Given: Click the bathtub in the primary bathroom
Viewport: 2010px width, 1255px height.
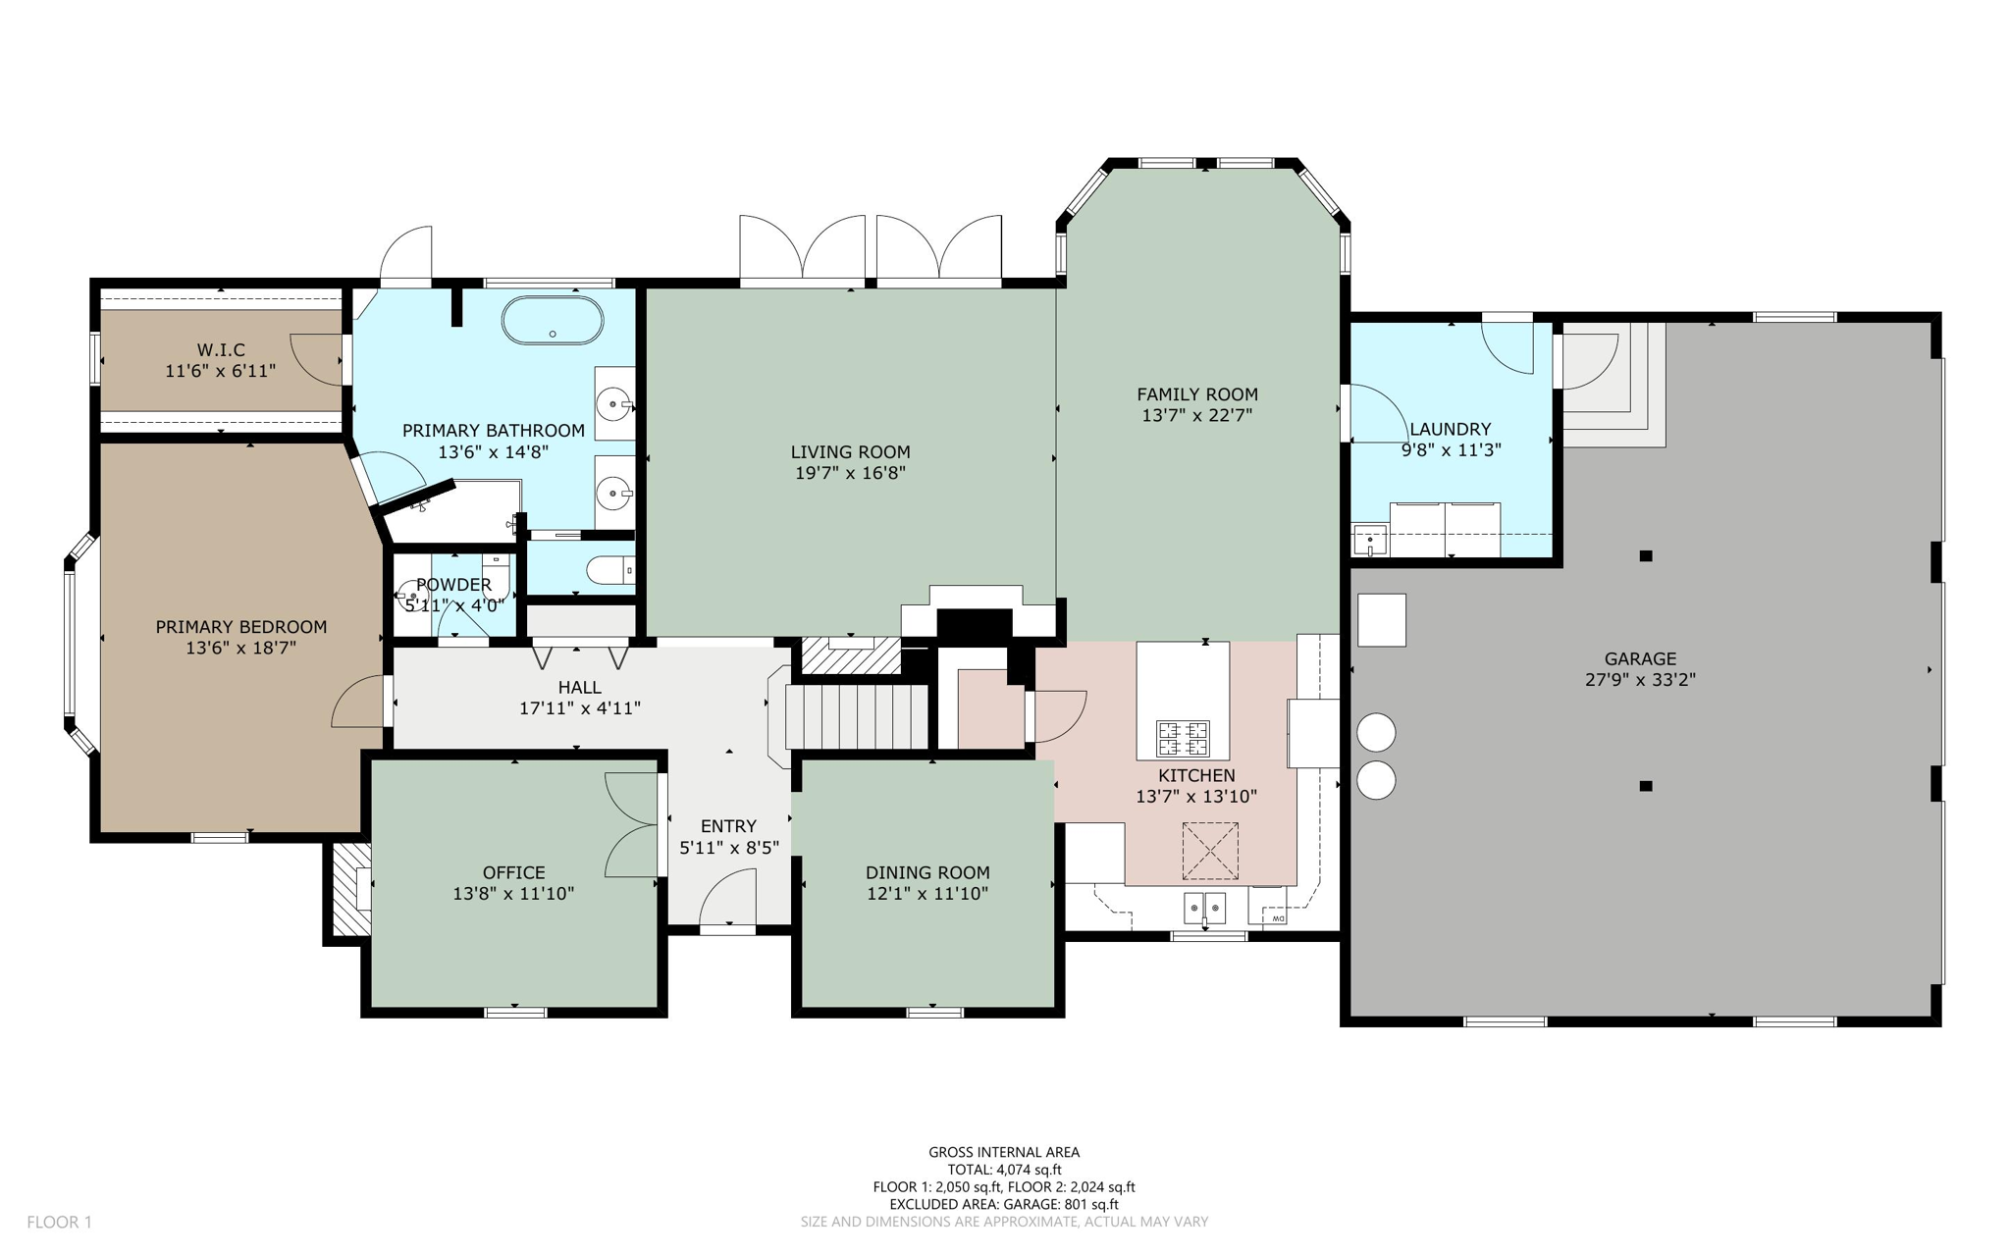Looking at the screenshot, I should click(x=553, y=321).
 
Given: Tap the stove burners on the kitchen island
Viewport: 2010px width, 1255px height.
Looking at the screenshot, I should click(x=1183, y=738).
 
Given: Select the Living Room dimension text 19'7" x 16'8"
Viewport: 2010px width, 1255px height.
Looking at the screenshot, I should click(x=850, y=473).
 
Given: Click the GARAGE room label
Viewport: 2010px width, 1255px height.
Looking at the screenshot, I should click(x=1640, y=658).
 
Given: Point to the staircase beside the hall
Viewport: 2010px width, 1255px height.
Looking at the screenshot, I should click(x=857, y=716).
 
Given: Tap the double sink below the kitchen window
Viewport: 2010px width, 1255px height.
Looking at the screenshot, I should click(x=1204, y=909).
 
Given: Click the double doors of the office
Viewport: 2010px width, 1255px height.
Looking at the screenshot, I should click(x=631, y=824).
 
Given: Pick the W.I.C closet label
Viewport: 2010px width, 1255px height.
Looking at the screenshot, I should click(x=221, y=349).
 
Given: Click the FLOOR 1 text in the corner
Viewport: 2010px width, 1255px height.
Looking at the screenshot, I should click(x=59, y=1222).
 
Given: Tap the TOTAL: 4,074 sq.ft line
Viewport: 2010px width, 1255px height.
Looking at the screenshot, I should click(x=1004, y=1170).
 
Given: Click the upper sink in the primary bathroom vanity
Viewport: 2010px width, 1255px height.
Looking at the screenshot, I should click(x=615, y=403).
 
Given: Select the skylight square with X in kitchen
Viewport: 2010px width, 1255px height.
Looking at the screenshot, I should click(x=1209, y=851).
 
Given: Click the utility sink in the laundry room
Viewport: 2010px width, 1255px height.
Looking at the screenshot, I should click(x=1370, y=540).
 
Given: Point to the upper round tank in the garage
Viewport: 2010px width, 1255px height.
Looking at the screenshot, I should click(x=1376, y=732).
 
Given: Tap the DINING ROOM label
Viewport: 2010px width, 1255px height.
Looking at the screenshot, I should click(x=927, y=872).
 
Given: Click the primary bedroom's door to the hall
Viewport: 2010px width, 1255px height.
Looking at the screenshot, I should click(x=358, y=703).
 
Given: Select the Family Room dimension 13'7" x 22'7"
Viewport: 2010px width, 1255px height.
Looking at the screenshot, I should click(x=1196, y=415).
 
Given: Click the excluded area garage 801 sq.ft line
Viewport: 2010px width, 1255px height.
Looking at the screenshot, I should click(x=1004, y=1204).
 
